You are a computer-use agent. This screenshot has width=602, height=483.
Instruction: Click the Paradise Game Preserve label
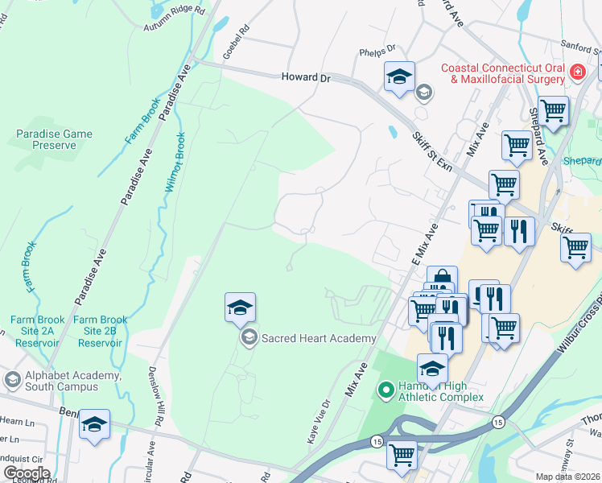55,139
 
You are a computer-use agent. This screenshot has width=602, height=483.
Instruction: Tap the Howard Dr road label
306,77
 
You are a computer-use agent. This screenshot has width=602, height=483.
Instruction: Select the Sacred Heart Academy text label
319,338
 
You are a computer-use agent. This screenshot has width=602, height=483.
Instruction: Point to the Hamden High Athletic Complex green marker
386,391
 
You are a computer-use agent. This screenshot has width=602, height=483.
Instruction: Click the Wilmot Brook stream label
175,162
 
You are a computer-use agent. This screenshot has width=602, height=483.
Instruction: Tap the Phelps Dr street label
378,49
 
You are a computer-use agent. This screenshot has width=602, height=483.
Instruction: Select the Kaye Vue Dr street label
316,422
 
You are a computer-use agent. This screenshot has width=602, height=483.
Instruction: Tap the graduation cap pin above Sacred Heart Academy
240,308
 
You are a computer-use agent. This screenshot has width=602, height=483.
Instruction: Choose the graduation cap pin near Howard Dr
399,76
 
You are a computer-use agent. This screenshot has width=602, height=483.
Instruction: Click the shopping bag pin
442,279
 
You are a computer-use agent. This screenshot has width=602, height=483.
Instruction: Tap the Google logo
26,473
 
